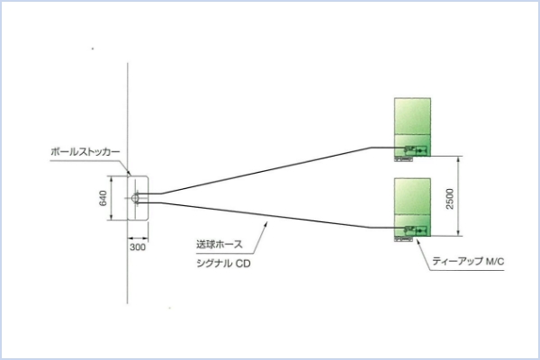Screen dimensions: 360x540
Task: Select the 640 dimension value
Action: click(x=103, y=198)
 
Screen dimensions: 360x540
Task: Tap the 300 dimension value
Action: click(x=137, y=245)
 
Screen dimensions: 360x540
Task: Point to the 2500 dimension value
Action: click(x=449, y=199)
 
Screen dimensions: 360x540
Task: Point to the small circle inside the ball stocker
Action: click(x=134, y=197)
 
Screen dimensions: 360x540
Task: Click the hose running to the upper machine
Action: click(x=270, y=170)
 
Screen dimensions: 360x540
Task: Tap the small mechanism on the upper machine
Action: click(x=415, y=148)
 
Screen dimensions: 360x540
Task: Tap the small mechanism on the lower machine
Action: click(x=415, y=230)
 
